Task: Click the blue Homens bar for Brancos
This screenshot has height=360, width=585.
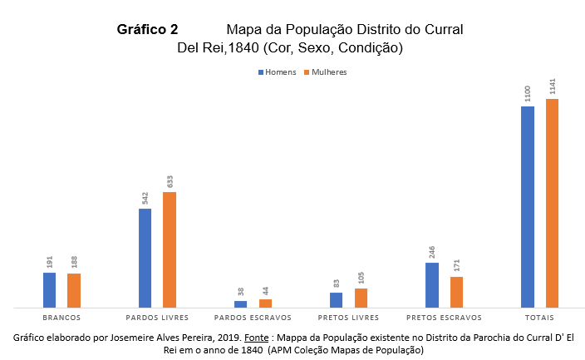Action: click(x=49, y=290)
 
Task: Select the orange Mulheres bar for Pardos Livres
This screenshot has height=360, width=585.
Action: click(x=170, y=249)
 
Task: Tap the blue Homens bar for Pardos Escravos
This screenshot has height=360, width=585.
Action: click(x=240, y=304)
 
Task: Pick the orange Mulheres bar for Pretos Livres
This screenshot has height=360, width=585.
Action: click(x=361, y=298)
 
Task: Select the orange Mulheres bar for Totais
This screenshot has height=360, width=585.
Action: click(x=552, y=203)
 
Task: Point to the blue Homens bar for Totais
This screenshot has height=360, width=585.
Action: click(x=527, y=207)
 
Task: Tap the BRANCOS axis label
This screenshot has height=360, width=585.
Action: click(x=61, y=318)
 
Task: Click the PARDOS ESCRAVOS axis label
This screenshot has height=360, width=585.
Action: click(x=253, y=318)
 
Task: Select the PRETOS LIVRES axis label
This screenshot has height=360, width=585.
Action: click(x=348, y=318)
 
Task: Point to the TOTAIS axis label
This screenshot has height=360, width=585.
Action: click(x=539, y=318)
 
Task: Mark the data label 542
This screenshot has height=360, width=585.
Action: click(x=145, y=198)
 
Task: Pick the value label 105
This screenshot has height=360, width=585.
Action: click(x=361, y=278)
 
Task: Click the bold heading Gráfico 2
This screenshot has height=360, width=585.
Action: click(x=147, y=29)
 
